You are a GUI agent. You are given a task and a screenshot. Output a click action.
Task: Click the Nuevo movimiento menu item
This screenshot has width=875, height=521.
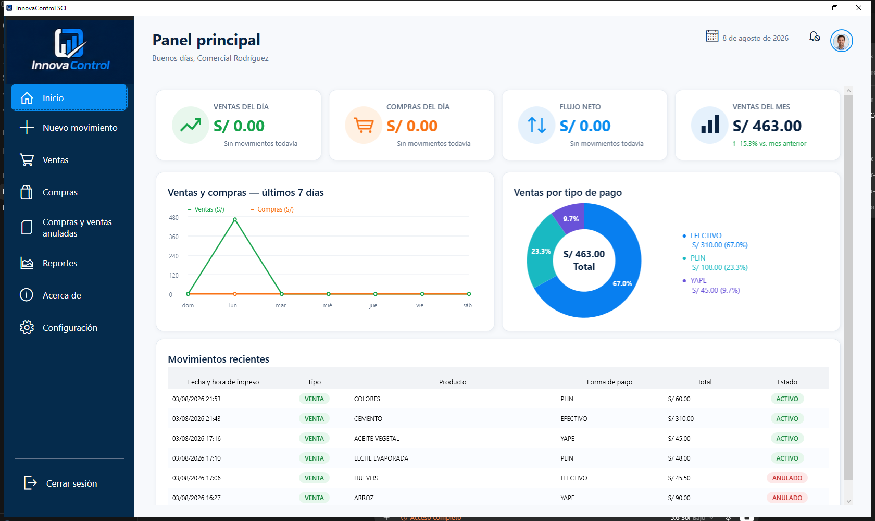[69, 128]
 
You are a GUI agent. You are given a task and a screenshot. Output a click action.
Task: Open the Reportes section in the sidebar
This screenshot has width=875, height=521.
[60, 263]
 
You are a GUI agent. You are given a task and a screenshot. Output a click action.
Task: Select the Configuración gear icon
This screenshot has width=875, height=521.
[27, 328]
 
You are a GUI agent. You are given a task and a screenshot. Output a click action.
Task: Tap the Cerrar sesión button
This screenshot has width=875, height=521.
[60, 483]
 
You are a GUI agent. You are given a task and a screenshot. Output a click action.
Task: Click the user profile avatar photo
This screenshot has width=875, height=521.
[841, 41]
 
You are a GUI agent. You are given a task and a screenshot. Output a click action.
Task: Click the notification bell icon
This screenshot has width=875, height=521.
[815, 37]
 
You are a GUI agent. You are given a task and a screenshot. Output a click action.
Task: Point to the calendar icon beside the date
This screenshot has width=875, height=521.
[711, 36]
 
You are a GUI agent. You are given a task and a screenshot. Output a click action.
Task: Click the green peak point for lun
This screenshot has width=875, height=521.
[235, 220]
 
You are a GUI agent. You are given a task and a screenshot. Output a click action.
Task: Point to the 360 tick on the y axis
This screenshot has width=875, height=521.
[174, 237]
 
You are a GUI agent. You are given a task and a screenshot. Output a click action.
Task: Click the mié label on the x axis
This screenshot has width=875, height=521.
[327, 305]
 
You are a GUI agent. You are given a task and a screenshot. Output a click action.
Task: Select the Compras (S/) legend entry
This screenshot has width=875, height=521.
[272, 209]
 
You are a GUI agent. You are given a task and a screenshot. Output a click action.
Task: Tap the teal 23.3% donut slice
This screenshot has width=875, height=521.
[540, 251]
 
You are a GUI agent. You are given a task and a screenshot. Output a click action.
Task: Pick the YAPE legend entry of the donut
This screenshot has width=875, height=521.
[711, 286]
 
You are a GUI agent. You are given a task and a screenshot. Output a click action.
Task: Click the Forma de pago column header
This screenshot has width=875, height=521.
[609, 382]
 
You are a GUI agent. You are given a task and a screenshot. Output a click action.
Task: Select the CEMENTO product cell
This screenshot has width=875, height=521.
[368, 418]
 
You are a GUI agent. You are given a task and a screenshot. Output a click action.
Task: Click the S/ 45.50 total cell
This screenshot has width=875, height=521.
[679, 478]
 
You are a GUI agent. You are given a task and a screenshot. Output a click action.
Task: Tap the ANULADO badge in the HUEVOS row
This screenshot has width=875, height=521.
[787, 478]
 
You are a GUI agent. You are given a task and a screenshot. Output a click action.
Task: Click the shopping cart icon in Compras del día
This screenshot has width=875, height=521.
[364, 125]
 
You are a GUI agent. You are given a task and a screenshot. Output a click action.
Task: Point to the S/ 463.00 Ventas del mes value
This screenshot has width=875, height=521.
[767, 126]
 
